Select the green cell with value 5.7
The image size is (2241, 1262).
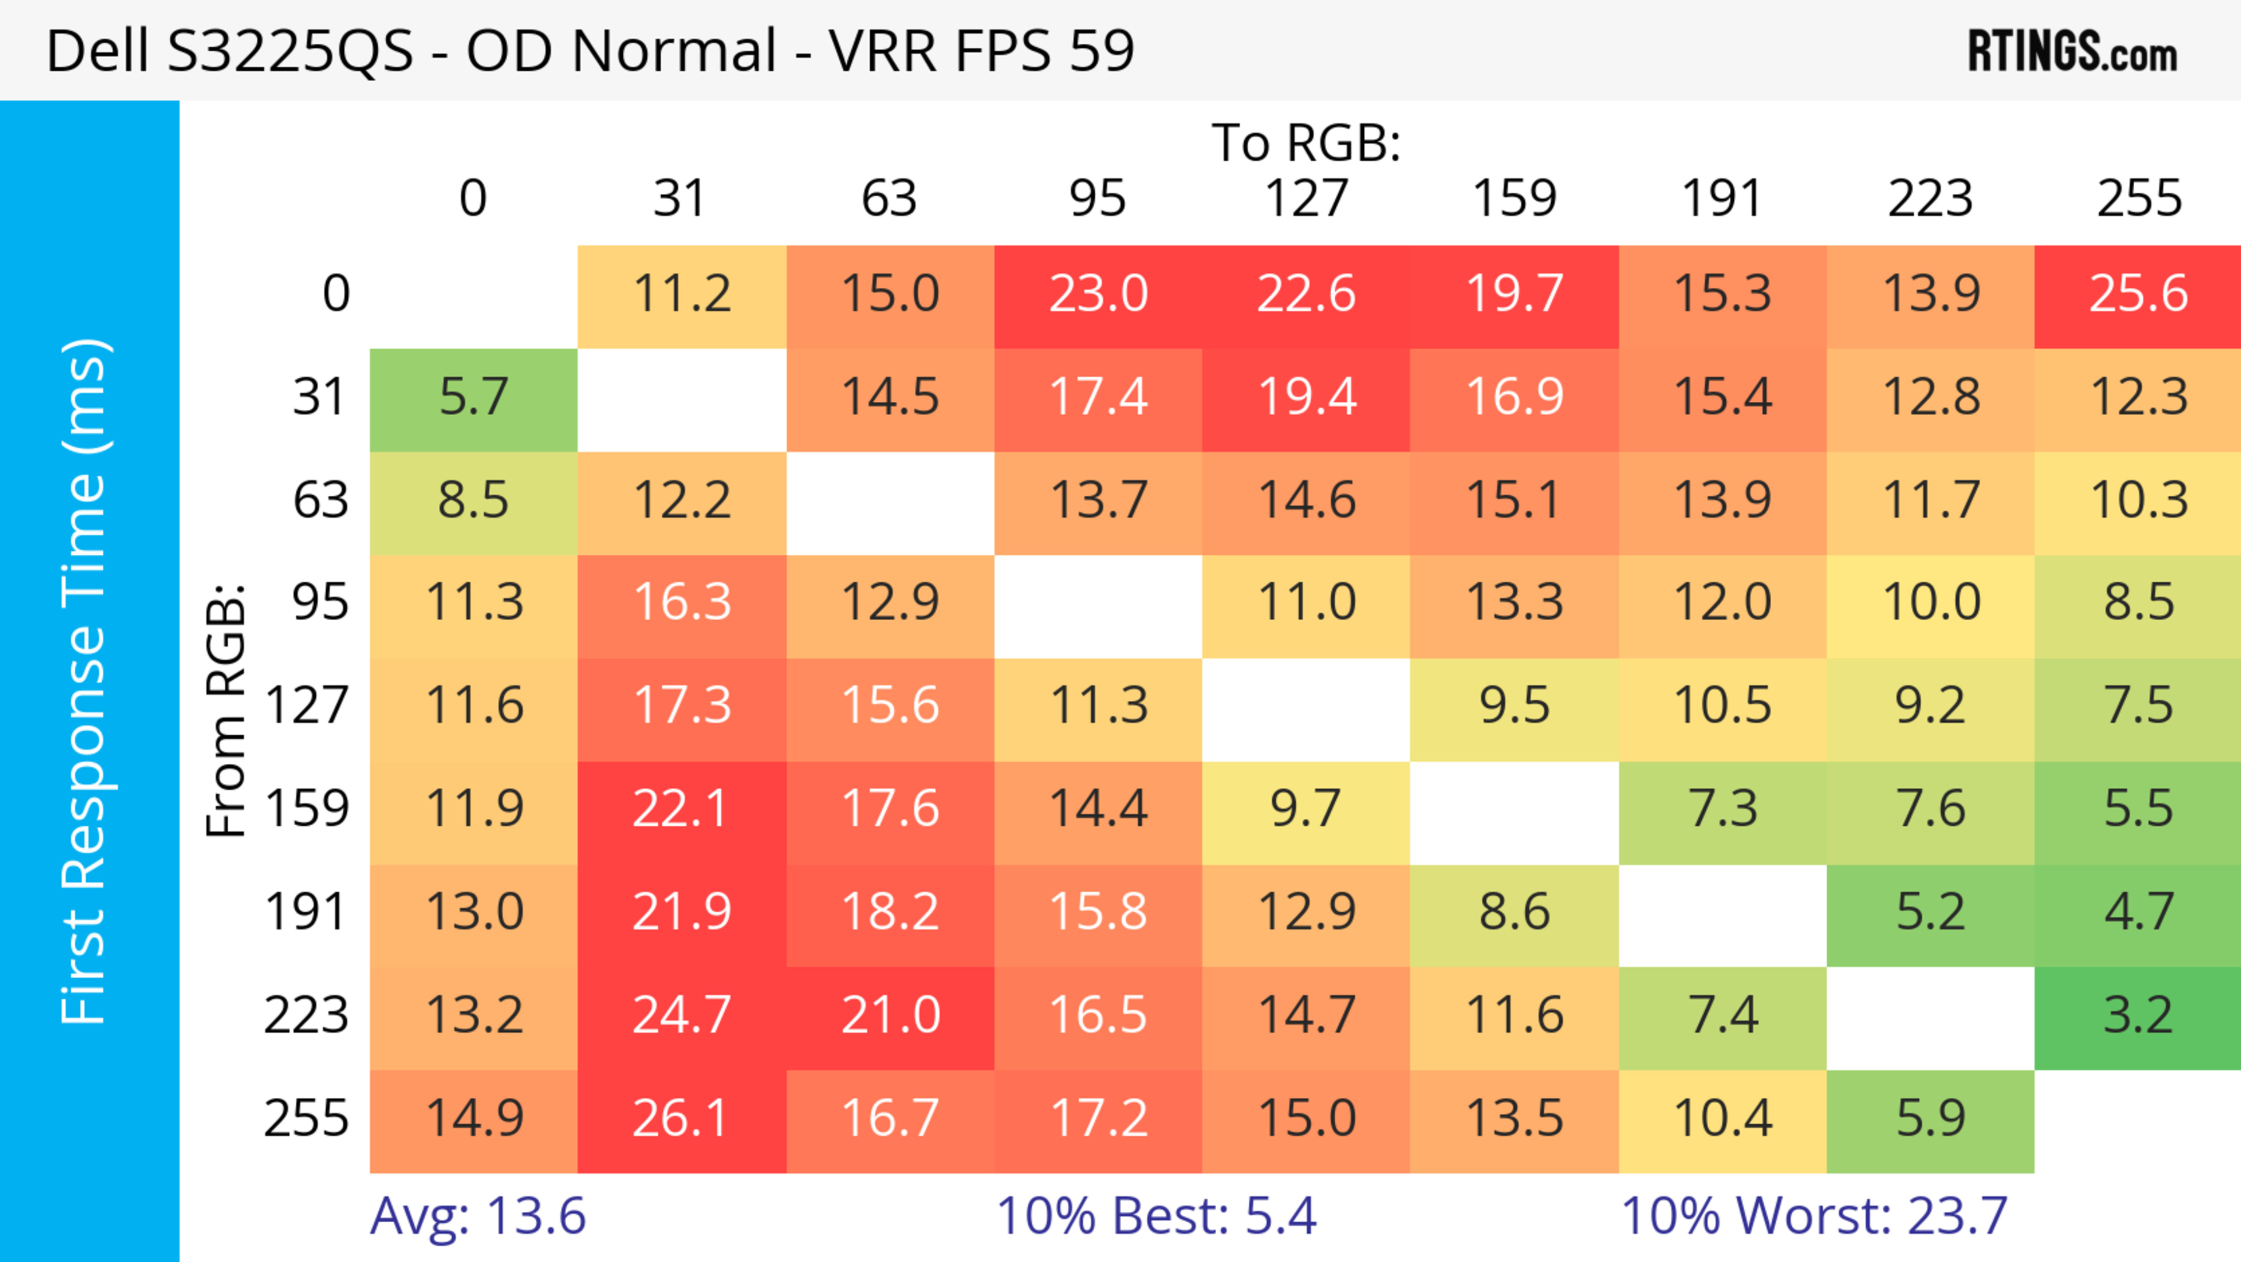click(x=473, y=398)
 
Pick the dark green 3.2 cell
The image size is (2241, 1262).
click(x=2138, y=1016)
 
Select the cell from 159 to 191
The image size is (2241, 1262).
click(x=1723, y=809)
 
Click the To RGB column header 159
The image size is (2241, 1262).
click(x=1514, y=199)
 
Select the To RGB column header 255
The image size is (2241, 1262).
click(x=2138, y=199)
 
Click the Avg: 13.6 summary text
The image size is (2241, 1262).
click(x=477, y=1216)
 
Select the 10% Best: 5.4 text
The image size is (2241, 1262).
click(x=1156, y=1216)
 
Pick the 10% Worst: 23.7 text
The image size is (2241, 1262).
click(x=1814, y=1216)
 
